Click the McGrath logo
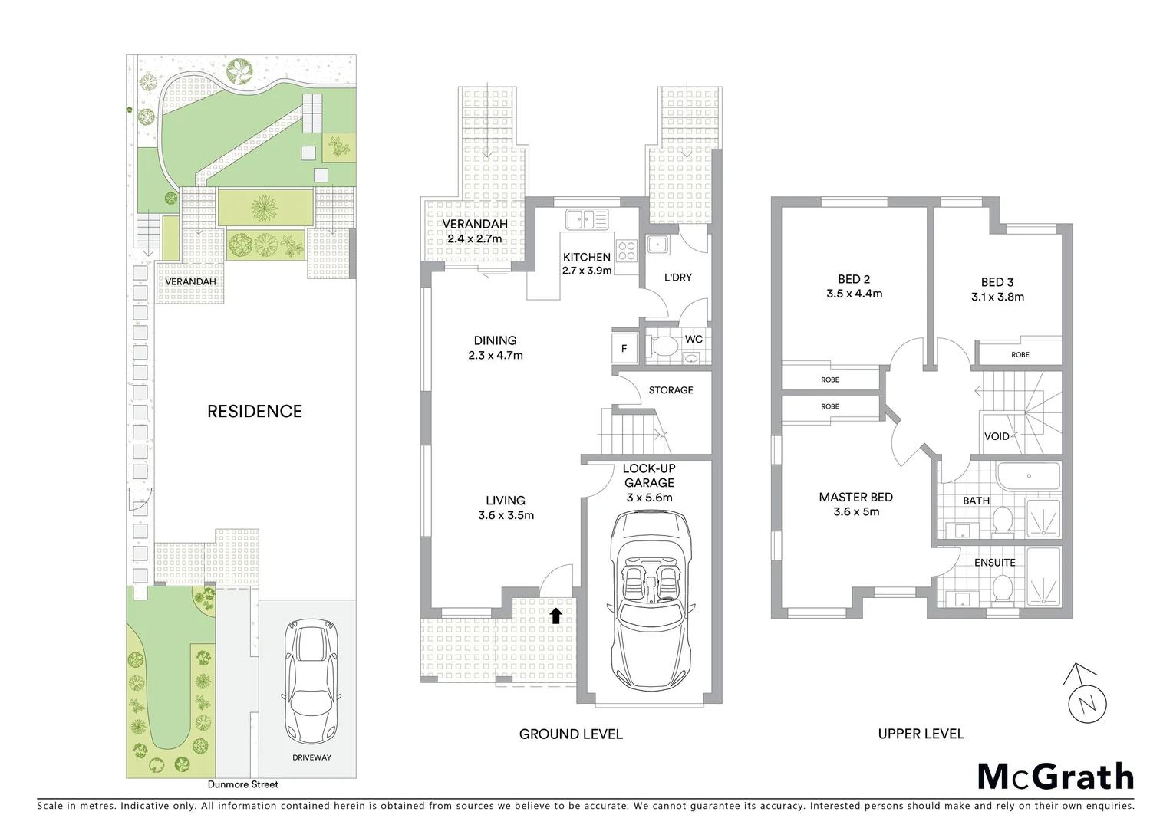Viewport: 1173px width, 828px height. [1055, 777]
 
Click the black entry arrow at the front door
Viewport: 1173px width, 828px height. [556, 614]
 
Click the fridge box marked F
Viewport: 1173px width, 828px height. [624, 348]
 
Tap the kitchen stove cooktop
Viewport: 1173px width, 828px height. [627, 249]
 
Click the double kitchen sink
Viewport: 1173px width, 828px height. [587, 219]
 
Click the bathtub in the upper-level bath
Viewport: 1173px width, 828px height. [1028, 476]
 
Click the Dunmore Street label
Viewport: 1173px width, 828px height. [242, 784]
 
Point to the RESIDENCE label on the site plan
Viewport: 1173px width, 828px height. [255, 411]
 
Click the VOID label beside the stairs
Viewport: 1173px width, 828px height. [997, 436]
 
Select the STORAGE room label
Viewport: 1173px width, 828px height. [671, 390]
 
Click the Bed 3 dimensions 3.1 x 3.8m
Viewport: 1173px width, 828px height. [997, 297]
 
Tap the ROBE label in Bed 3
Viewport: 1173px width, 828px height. [1020, 354]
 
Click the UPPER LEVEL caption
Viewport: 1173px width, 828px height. [921, 734]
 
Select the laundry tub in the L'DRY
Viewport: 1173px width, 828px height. [657, 245]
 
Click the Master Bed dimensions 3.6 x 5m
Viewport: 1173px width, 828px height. [856, 512]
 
